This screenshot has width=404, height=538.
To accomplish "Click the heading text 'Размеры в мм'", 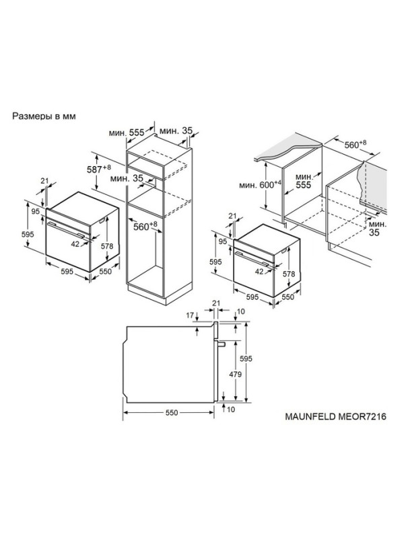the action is pos(44,116).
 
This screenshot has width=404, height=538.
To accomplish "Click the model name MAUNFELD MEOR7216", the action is pos(335,416).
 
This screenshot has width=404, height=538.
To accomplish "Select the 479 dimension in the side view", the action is pos(236,374).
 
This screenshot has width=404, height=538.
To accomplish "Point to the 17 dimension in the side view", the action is pos(190,315).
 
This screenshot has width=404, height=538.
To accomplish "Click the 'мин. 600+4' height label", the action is pos(261,185).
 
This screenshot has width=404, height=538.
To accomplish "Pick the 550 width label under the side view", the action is pos(172,413).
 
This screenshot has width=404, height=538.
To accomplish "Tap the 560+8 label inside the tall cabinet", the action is pos(145,227).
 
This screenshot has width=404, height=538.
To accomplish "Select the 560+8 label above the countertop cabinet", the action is pos(356,145).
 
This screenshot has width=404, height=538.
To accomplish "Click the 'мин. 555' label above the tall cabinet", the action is pos(127,132).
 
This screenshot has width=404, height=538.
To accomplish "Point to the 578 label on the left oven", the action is pos(107,246).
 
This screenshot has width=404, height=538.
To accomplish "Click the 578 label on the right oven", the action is pos(289,274).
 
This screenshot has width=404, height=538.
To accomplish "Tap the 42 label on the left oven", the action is pos(75,244).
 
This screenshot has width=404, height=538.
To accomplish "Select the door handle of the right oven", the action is pos(252,259).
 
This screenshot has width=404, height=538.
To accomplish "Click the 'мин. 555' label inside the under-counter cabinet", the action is pos(304,182).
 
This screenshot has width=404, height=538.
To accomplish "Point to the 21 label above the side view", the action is pos(216,303).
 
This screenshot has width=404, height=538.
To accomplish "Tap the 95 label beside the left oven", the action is pos(36,212).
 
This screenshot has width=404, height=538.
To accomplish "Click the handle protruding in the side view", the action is pos(221,344).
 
